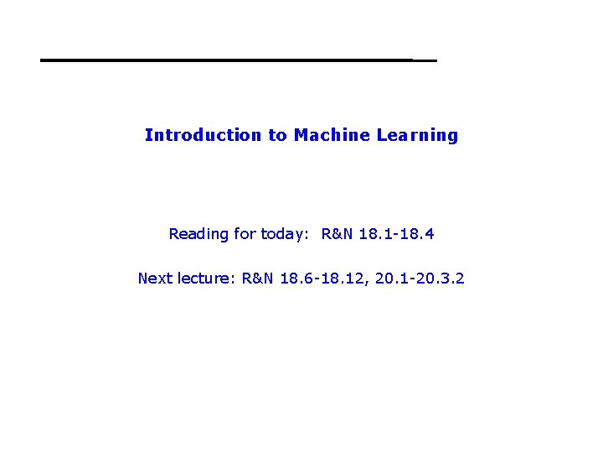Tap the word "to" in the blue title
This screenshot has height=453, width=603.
tap(277, 135)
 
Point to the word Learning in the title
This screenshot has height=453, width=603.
tap(415, 135)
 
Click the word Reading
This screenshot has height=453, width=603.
tap(198, 234)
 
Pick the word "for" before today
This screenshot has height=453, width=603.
tap(245, 234)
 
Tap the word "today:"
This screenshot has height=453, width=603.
tap(285, 234)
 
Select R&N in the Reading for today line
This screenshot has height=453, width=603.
tap(338, 234)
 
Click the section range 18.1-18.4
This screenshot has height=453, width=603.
tap(396, 234)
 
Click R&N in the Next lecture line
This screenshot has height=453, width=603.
tap(258, 278)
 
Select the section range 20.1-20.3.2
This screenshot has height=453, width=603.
tap(420, 278)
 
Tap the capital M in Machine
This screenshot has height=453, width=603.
tap(301, 135)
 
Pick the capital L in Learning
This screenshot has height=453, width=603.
tap(381, 135)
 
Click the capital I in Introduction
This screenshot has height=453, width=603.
tap(147, 135)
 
